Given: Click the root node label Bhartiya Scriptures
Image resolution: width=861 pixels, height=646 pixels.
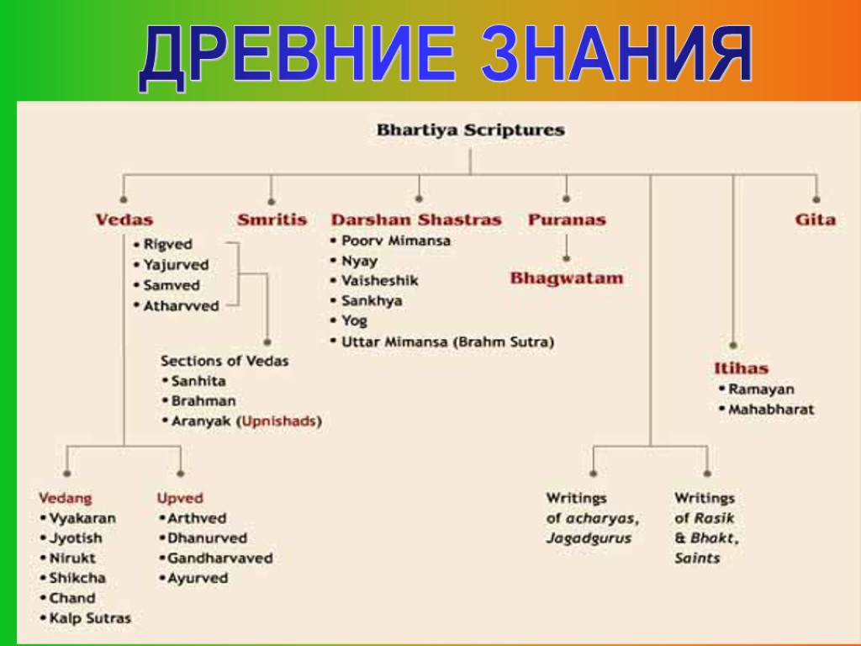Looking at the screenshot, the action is click(470, 130).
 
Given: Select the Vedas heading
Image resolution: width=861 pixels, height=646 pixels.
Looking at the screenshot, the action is click(124, 220).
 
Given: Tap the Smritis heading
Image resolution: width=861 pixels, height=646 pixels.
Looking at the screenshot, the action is click(272, 220).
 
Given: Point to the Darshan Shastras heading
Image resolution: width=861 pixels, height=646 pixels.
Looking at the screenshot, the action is click(416, 220).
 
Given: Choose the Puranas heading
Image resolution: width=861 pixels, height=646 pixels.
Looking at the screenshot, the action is click(567, 220).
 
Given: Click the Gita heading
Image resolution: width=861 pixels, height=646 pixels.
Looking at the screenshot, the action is click(815, 220).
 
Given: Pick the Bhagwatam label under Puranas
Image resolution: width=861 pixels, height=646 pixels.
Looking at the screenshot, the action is click(567, 278).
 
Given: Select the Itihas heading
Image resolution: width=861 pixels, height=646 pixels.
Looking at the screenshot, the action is click(741, 368).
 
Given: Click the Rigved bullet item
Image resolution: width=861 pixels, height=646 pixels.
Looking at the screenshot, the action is click(167, 245).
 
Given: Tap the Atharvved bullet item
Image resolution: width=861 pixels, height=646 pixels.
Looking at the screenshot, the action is click(180, 306).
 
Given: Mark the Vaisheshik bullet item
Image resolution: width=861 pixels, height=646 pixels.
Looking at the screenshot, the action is click(379, 280).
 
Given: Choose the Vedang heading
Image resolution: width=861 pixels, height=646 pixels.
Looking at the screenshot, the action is click(66, 498).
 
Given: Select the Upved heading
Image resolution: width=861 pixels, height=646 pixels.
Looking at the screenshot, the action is click(180, 498).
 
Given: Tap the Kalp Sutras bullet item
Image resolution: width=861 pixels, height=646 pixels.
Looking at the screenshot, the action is click(90, 618).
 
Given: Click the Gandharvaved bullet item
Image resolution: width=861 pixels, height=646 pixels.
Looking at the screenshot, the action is click(219, 558).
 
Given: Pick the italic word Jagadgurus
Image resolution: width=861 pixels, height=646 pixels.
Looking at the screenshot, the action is click(589, 538).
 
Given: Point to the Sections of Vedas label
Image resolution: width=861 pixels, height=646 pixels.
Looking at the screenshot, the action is click(224, 361).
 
